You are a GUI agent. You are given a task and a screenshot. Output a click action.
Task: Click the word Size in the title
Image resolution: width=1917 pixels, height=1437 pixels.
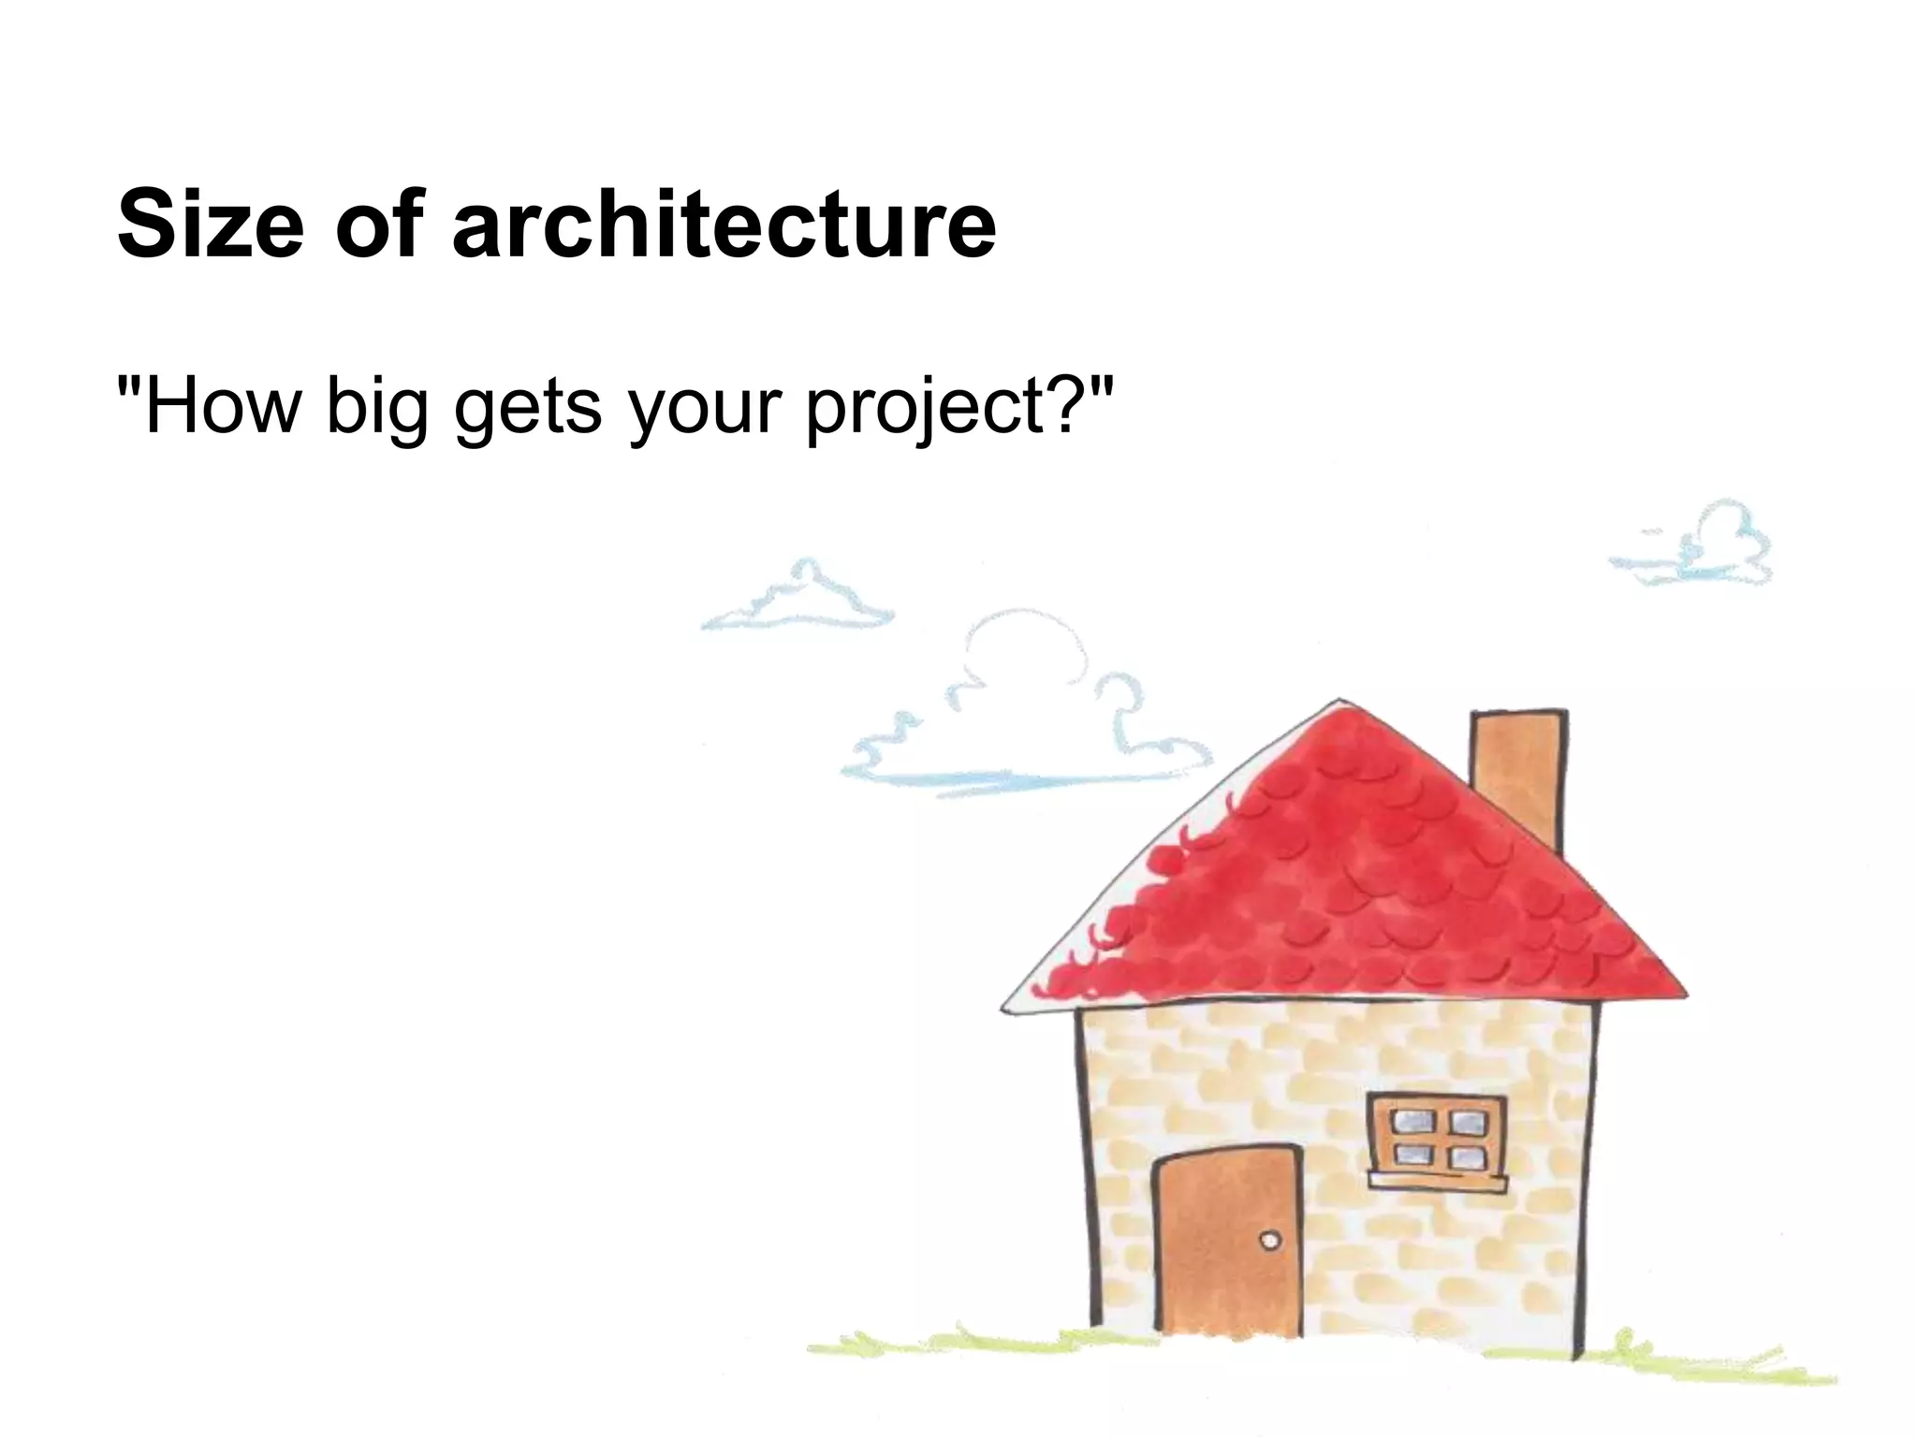click(x=211, y=225)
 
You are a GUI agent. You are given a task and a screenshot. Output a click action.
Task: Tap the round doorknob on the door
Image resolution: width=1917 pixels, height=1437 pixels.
click(x=1269, y=1241)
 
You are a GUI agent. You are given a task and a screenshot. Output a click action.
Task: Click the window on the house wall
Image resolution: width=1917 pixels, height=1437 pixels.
click(x=1437, y=1138)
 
